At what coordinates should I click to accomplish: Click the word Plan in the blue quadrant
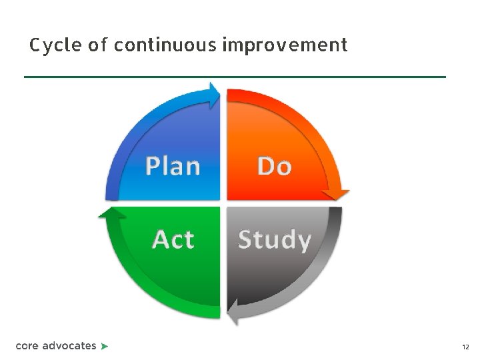pos(173,165)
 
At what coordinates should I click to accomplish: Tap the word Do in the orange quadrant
pos(275,166)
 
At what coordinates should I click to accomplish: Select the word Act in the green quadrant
pos(173,239)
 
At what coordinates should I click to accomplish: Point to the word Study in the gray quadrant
pos(274,239)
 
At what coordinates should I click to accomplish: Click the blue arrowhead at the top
pos(215,95)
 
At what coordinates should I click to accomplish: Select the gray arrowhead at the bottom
pos(233,311)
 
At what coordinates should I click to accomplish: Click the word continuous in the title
pos(164,45)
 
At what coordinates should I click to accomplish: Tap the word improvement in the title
pos(285,45)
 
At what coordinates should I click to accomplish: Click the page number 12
pos(465,347)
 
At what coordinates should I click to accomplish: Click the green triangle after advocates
pos(105,346)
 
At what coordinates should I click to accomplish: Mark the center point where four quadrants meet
pos(223,203)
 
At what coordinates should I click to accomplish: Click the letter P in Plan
pos(153,165)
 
